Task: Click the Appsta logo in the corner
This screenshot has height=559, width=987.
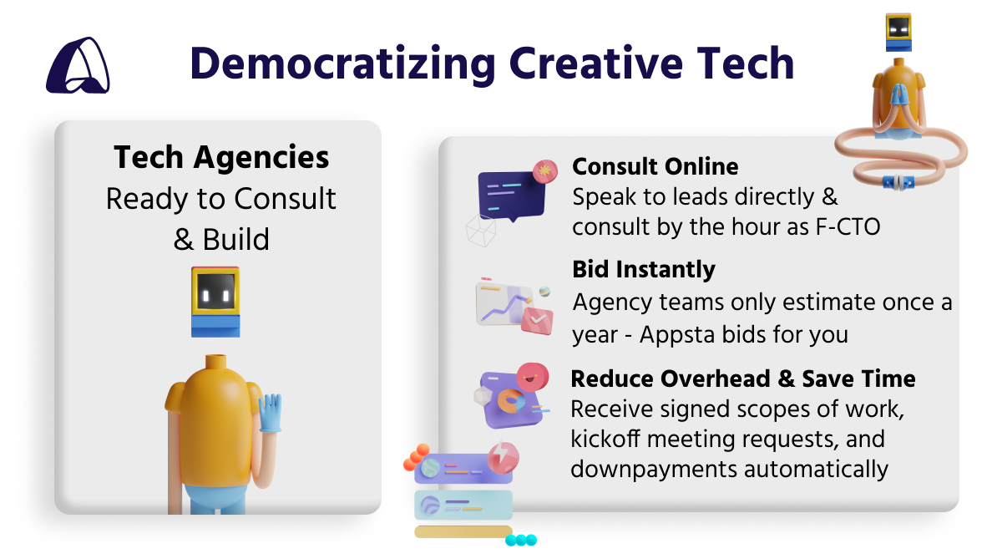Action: [x=78, y=65]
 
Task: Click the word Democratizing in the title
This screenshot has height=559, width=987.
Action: [x=343, y=64]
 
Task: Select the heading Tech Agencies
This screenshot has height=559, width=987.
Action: [x=221, y=157]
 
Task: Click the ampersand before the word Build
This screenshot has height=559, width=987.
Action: [x=183, y=240]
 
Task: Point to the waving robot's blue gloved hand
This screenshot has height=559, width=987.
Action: [x=270, y=413]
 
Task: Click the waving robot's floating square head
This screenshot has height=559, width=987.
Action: [x=216, y=302]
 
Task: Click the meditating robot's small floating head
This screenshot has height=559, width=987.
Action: [x=898, y=33]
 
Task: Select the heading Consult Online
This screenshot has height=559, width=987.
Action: [x=655, y=166]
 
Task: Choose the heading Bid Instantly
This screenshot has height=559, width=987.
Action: [x=643, y=269]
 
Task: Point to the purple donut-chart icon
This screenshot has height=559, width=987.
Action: [x=510, y=396]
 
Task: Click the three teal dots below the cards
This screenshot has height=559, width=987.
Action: [x=521, y=540]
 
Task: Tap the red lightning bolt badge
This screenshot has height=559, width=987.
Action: [x=503, y=457]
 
